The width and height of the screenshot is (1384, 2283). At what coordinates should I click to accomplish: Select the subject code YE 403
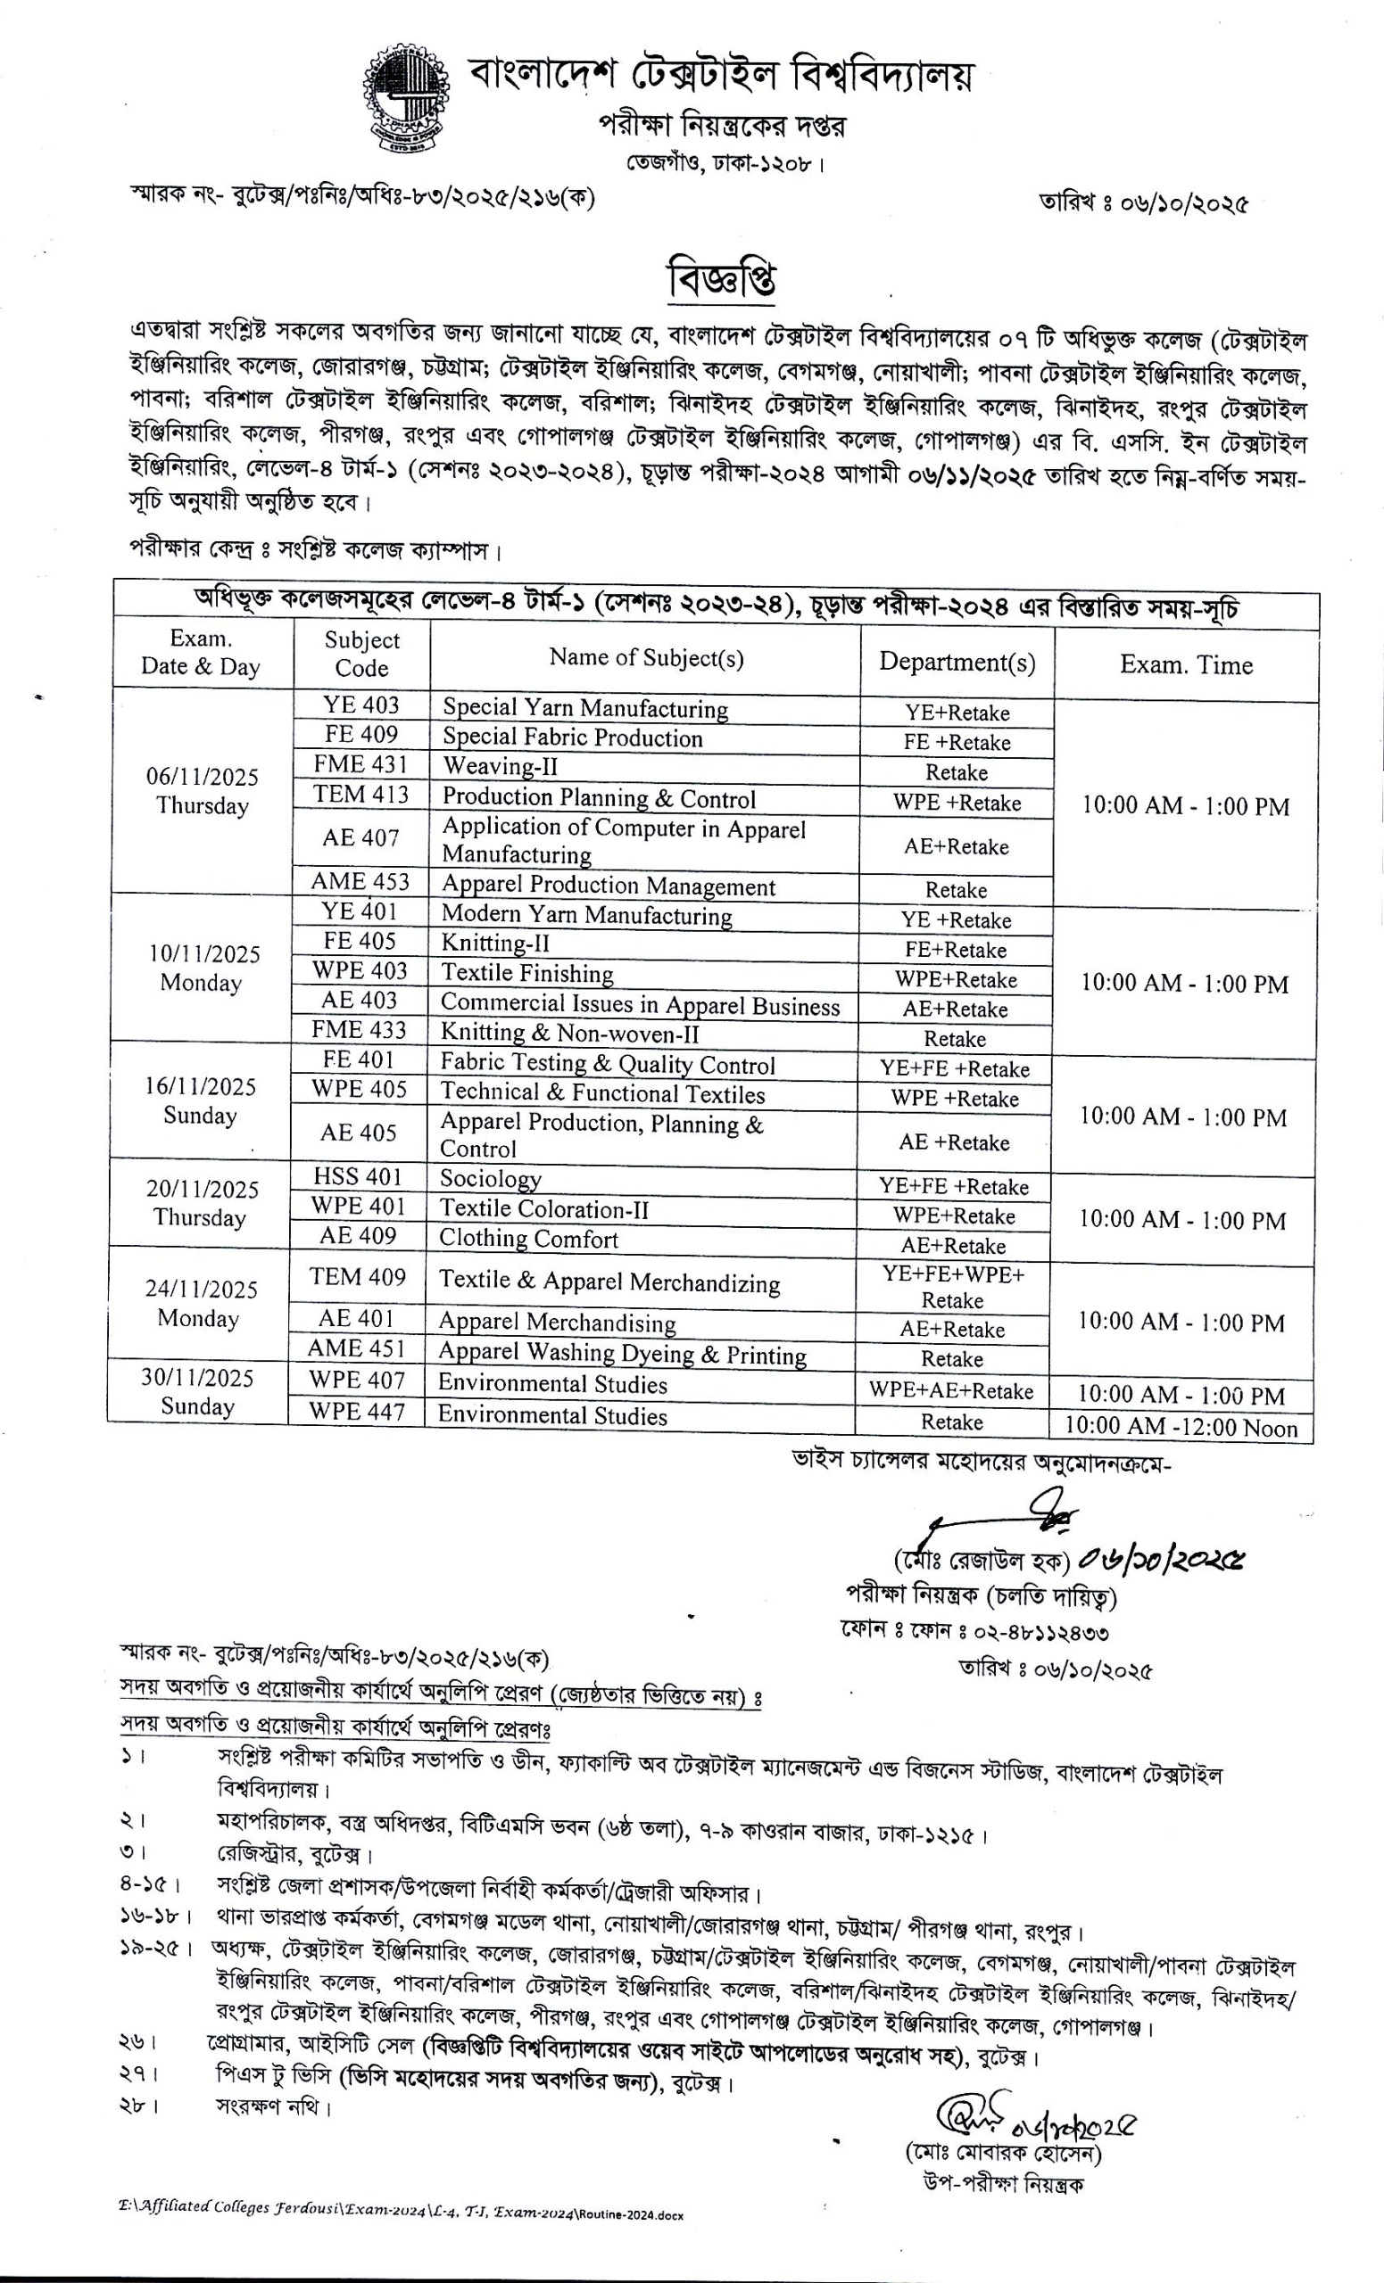(361, 705)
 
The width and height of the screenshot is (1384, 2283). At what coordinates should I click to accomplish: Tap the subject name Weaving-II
(500, 766)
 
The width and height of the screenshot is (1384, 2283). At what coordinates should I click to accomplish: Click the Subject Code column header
(361, 655)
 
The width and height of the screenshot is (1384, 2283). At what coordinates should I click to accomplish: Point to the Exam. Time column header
(1186, 665)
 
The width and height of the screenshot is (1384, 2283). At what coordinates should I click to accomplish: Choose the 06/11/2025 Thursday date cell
(202, 791)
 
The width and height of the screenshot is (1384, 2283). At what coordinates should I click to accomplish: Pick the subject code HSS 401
(358, 1176)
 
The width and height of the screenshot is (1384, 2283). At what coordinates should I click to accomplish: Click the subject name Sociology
(491, 1179)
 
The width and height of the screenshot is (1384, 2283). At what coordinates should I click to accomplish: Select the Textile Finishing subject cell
(526, 973)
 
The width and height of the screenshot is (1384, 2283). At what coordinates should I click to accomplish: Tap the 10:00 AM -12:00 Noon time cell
(1180, 1428)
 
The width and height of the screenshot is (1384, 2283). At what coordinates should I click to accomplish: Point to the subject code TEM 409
(358, 1277)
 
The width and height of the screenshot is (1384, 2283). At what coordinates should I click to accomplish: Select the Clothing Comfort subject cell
(528, 1239)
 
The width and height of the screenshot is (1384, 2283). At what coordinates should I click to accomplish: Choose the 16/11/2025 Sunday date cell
(200, 1100)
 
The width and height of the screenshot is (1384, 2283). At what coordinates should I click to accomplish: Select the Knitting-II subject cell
(495, 944)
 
